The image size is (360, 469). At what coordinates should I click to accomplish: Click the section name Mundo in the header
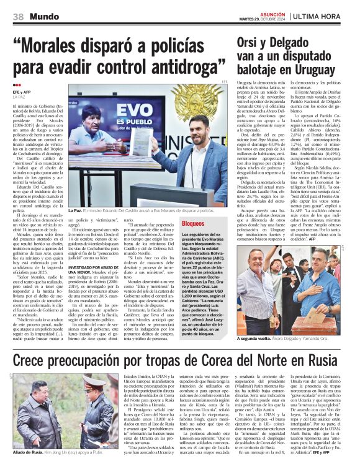pos(42,16)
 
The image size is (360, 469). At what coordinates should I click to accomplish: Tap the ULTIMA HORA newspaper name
pos(323,16)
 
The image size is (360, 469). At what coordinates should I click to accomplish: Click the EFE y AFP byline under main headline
pos(22,92)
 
